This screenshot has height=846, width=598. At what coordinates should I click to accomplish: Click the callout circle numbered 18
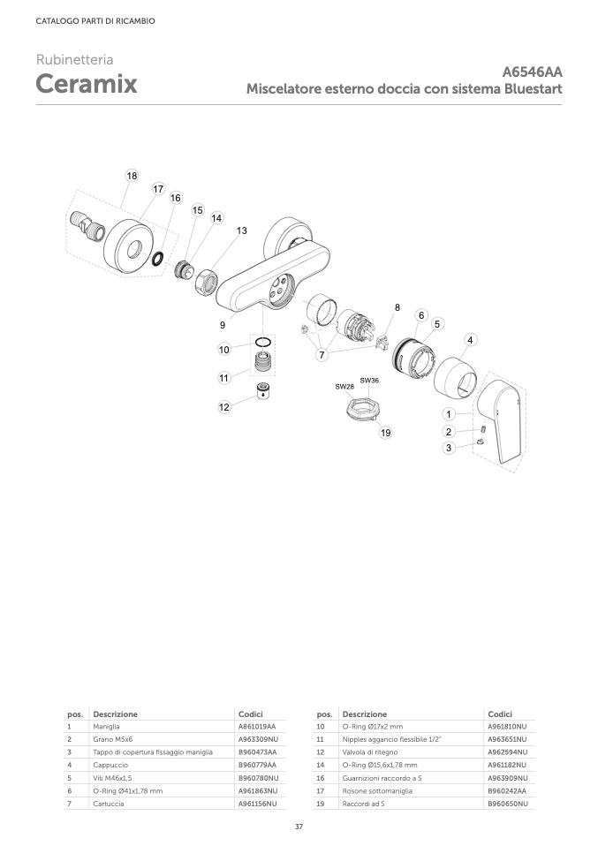(132, 176)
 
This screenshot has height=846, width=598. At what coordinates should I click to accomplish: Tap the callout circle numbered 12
(224, 407)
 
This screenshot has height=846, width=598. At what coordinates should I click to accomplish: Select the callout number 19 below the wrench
(385, 432)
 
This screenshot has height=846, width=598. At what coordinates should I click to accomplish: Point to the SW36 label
(369, 381)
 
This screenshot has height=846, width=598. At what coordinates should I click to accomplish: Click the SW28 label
(344, 387)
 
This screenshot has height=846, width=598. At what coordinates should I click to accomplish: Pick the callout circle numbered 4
(470, 340)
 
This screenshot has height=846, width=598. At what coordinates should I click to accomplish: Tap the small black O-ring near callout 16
(158, 259)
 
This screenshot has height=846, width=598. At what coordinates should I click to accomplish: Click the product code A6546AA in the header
(532, 72)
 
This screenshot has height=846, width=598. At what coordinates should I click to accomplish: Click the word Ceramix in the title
(87, 84)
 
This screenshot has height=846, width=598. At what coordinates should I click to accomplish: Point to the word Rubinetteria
(74, 59)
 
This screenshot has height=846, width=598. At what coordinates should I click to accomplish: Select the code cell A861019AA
(257, 727)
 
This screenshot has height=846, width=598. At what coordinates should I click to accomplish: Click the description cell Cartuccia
(109, 804)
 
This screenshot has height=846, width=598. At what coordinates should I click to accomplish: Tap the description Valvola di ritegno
(370, 752)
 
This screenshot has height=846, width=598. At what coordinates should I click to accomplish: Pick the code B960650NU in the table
(507, 804)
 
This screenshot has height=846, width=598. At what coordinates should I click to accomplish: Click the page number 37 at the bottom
(299, 827)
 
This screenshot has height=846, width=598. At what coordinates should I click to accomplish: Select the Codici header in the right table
(500, 714)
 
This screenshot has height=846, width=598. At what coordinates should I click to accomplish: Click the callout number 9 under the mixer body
(223, 325)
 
